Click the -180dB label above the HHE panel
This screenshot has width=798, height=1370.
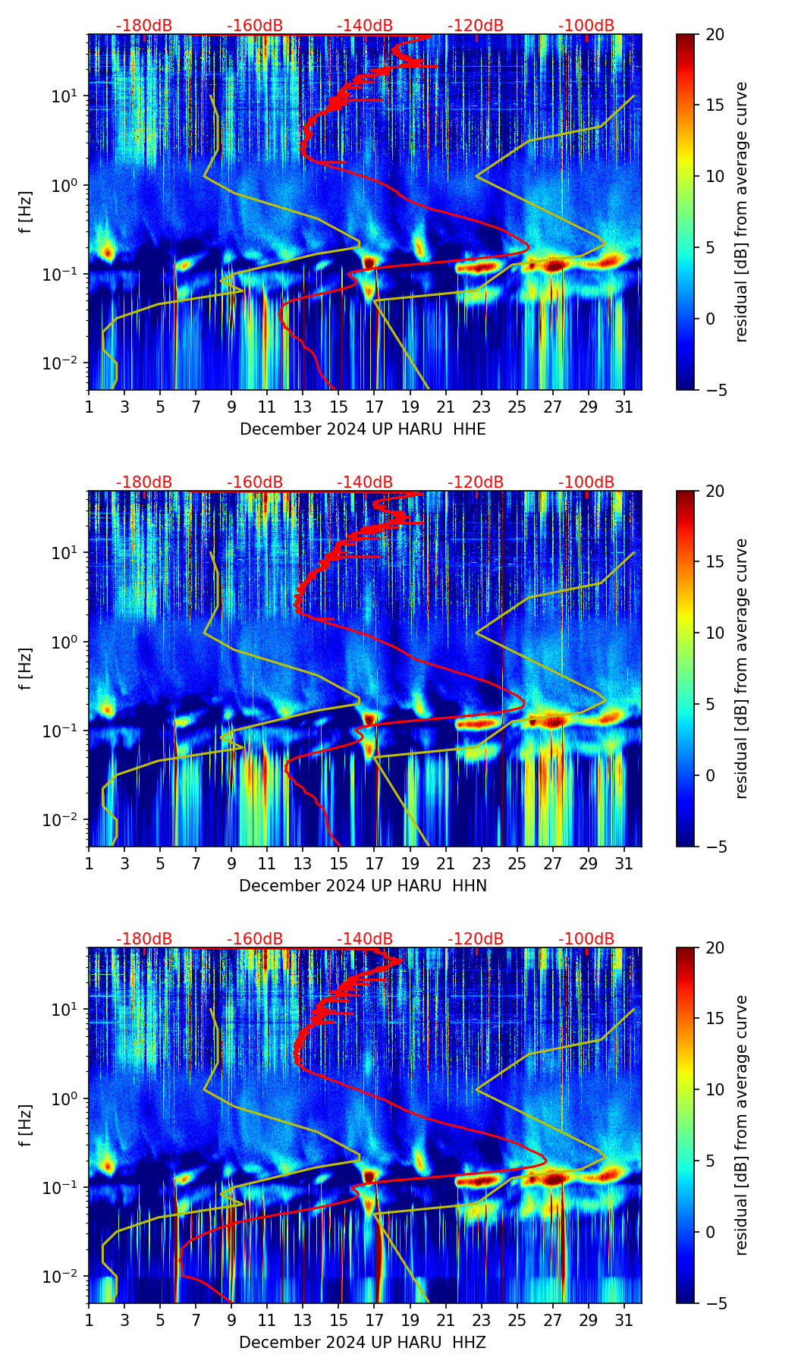click(144, 26)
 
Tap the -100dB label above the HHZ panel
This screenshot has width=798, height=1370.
click(586, 939)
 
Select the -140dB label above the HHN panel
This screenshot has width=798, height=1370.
click(365, 482)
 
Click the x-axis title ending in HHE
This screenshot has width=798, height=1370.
click(363, 429)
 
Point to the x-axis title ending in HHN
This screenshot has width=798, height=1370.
click(363, 886)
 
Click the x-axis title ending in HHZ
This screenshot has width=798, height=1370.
click(363, 1343)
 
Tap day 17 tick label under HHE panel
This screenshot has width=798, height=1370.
click(375, 407)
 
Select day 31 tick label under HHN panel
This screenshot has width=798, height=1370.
click(624, 863)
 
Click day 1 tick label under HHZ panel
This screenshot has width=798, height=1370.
click(90, 1320)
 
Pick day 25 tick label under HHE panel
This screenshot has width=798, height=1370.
click(517, 407)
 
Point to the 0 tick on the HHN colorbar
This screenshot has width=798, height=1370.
click(710, 775)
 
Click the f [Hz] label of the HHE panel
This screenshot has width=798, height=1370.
click(26, 212)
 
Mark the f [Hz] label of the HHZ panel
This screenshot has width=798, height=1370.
click(26, 1126)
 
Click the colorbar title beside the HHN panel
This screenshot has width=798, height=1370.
click(741, 668)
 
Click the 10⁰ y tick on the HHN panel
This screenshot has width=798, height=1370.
click(65, 643)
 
